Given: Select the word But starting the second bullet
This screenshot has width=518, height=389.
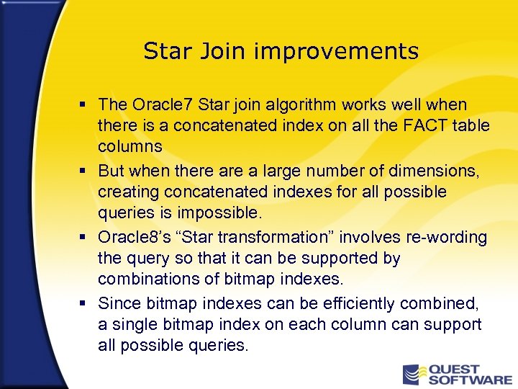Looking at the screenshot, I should point(112,171).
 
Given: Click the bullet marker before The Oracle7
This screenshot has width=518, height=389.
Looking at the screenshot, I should point(85,106).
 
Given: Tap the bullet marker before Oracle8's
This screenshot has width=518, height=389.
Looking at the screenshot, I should point(85,238).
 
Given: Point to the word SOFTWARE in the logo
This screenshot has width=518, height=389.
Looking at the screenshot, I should point(471,380).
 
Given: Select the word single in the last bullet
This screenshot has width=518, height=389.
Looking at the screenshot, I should point(132,324).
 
